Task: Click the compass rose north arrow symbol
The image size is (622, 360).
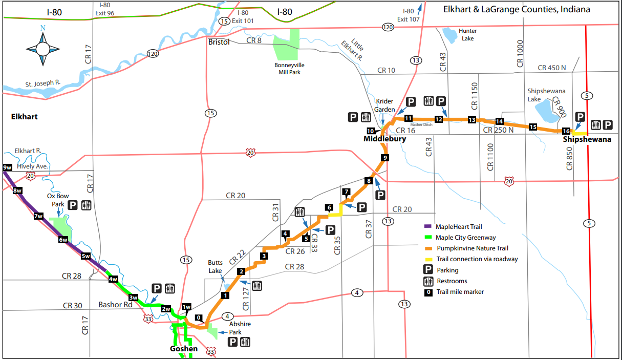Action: coord(42,48)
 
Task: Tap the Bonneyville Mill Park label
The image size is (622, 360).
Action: coord(290,69)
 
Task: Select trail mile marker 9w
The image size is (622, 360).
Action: coord(7,167)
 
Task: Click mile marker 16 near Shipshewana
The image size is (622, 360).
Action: coord(566,131)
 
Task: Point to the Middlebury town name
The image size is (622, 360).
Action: coord(384,139)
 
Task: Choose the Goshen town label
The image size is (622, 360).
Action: coord(183,349)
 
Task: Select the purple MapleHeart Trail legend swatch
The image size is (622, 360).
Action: coord(428,226)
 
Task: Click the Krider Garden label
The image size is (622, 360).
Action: coord(385,106)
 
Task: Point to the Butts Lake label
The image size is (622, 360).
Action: coord(215,266)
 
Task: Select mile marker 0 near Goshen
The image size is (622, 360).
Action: coord(199,317)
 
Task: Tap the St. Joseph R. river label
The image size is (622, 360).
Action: coord(44,82)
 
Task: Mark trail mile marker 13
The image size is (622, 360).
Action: coord(471,120)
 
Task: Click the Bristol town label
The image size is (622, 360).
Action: coord(220,41)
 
